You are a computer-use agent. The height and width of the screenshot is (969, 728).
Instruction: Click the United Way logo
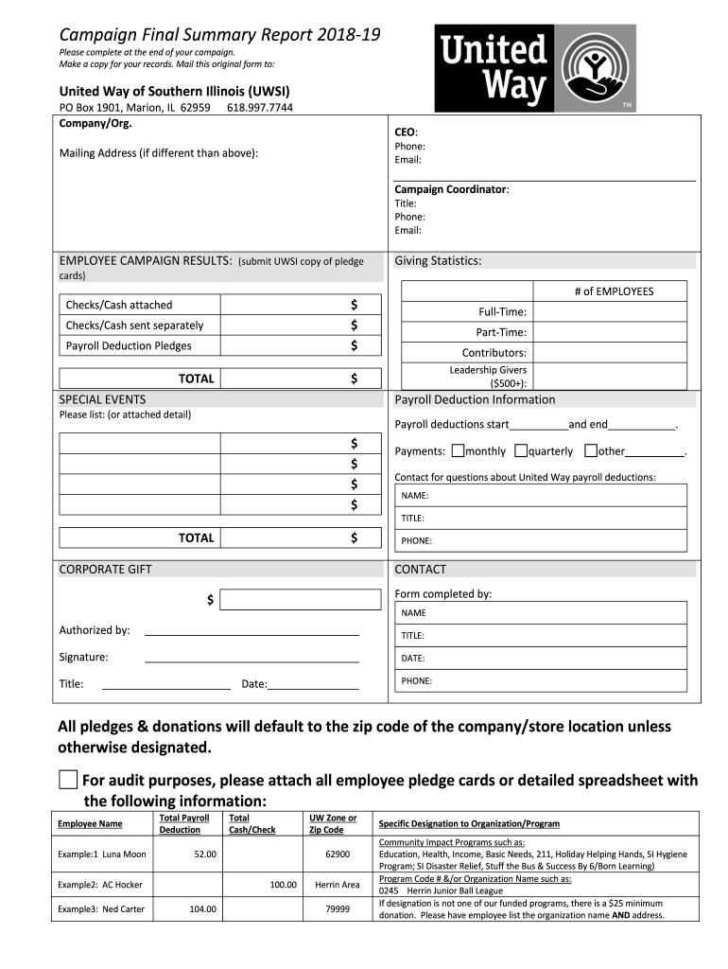pos(535,68)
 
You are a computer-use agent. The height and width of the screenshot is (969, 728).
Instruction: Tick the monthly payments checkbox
pos(458,451)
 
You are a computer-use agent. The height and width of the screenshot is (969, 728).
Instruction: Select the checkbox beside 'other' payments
pos(590,451)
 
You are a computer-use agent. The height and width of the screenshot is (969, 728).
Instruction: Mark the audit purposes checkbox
pos(67,780)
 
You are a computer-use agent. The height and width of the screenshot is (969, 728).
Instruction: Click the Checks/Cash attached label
pos(119,305)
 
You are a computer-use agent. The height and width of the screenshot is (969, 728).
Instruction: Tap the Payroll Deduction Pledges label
pos(129,346)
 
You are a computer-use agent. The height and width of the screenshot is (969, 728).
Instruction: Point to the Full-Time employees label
pos(502,311)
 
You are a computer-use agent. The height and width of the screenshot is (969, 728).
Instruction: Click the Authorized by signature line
pos(251,631)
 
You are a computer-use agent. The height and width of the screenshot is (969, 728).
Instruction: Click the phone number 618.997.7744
pos(260,108)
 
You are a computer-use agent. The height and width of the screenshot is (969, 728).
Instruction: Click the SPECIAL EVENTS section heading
pos(102,399)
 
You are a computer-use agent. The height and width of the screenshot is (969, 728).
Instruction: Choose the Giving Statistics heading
pos(438,261)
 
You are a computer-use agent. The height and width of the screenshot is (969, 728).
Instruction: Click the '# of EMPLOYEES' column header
pos(614,291)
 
